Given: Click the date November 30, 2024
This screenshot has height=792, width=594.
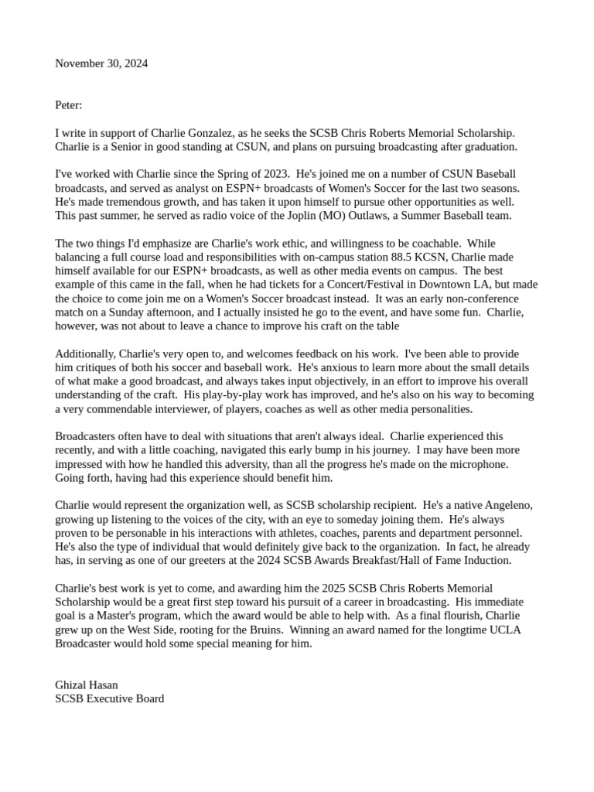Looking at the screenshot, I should [101, 63].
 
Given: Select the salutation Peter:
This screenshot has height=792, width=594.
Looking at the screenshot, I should [68, 105].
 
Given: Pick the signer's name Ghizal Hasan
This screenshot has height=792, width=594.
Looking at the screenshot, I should [87, 685].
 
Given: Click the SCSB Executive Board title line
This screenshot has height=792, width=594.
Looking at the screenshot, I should [109, 698].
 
